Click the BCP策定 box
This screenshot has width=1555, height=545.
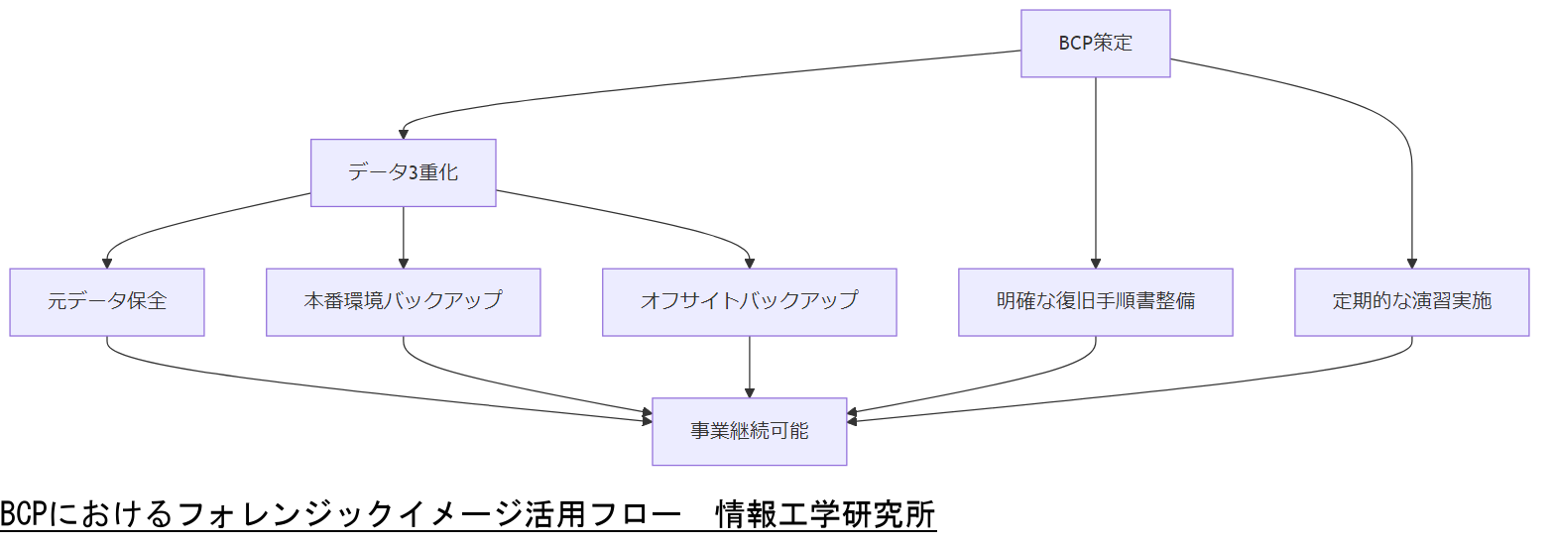pos(1096,44)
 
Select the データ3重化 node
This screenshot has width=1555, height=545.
pos(403,172)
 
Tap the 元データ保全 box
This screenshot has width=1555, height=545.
pos(107,301)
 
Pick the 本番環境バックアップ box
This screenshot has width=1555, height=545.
pos(403,301)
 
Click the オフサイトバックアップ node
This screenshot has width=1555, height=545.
pos(749,301)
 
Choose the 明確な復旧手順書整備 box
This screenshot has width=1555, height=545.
pos(1096,301)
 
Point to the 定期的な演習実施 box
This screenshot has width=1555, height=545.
pos(1411,301)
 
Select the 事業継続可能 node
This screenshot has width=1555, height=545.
pos(749,431)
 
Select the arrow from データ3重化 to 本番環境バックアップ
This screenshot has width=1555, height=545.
pos(403,238)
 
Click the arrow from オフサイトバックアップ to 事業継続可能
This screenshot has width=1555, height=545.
pos(749,367)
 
